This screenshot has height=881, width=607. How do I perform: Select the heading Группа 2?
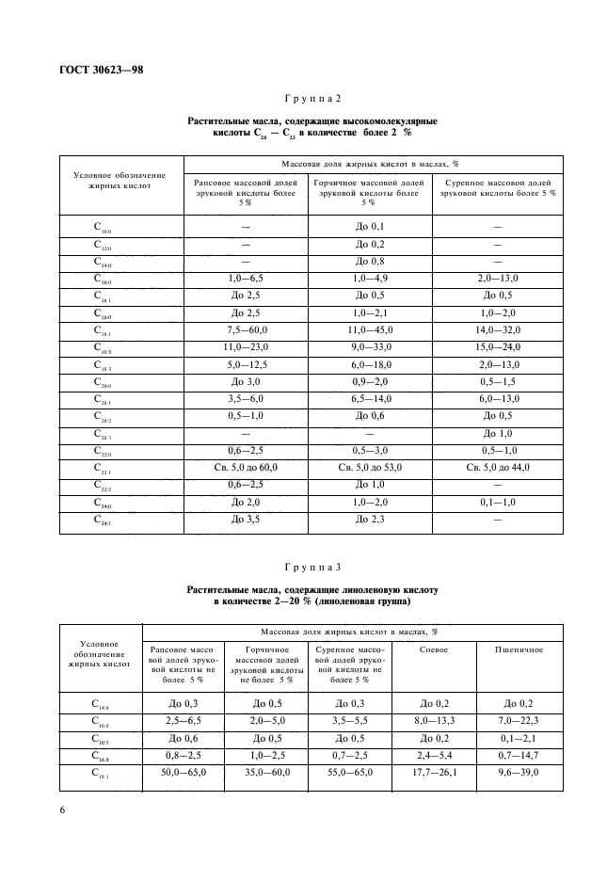[312, 100]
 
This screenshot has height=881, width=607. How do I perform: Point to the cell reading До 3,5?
[245, 519]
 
